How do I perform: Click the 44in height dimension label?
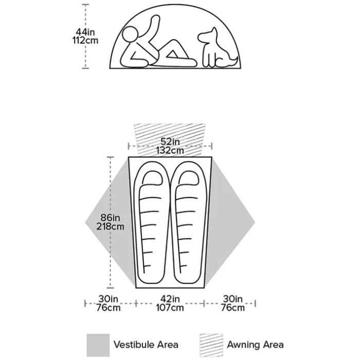tap(85, 32)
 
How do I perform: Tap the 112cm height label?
tap(85, 41)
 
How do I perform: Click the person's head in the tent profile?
tap(131, 34)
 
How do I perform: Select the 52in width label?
tap(170, 141)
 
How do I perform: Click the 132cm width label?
tap(170, 150)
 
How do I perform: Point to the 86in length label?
tap(110, 218)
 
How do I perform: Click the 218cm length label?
tap(110, 226)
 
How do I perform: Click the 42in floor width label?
tap(170, 299)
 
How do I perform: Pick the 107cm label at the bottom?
tap(170, 308)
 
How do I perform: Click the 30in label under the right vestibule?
tap(232, 299)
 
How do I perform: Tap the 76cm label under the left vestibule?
tap(109, 308)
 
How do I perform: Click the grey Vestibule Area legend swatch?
tap(98, 345)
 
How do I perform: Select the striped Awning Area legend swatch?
tap(211, 345)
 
